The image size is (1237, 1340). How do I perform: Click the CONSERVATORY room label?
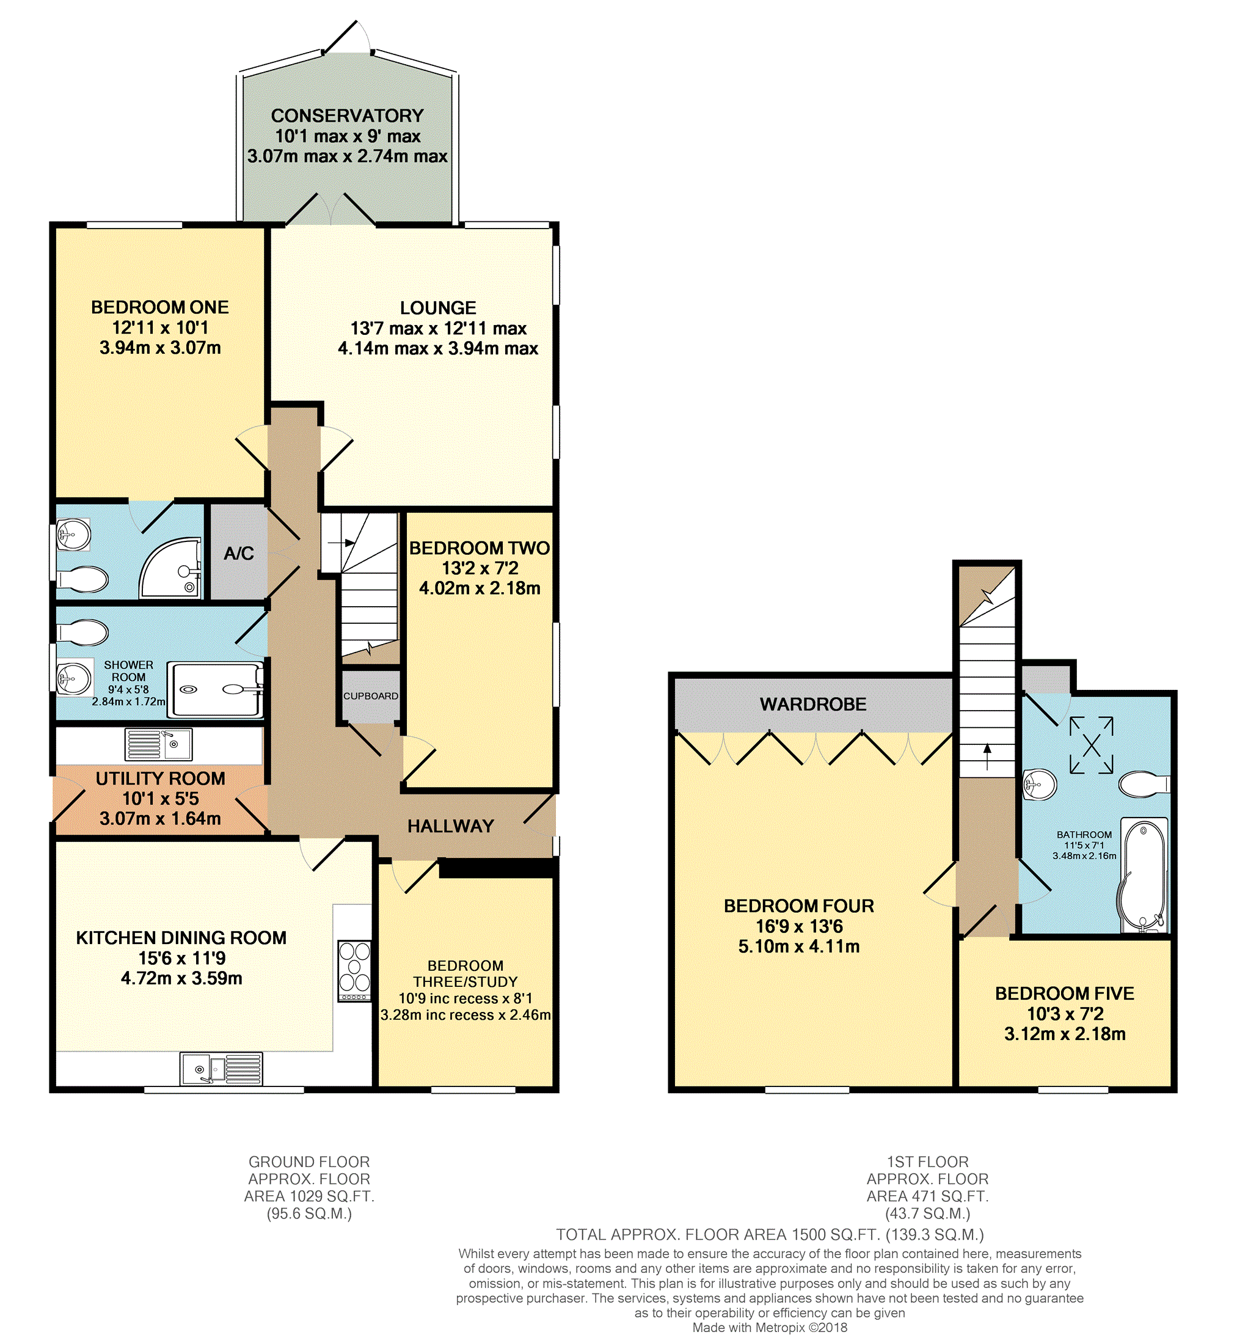(347, 116)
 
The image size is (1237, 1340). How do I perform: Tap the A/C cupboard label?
(238, 554)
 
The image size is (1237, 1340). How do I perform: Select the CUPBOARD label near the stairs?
(370, 696)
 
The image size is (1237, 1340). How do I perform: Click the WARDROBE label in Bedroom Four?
(812, 704)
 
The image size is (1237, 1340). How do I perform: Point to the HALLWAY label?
(450, 826)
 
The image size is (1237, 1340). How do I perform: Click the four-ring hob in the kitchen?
(354, 970)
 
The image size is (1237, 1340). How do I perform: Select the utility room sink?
(159, 744)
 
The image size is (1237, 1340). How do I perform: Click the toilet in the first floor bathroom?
(1144, 784)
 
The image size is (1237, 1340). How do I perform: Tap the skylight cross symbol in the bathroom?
(1091, 745)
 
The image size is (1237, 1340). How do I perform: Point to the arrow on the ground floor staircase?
(349, 543)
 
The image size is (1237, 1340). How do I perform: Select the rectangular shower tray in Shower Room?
(215, 689)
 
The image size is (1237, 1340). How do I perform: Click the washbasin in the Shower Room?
(75, 678)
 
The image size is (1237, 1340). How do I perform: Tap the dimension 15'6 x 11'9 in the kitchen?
(181, 958)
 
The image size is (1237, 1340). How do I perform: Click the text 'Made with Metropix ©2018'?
(769, 1327)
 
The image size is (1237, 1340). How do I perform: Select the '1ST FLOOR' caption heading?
(927, 1162)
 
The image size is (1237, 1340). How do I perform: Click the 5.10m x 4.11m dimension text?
(798, 946)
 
